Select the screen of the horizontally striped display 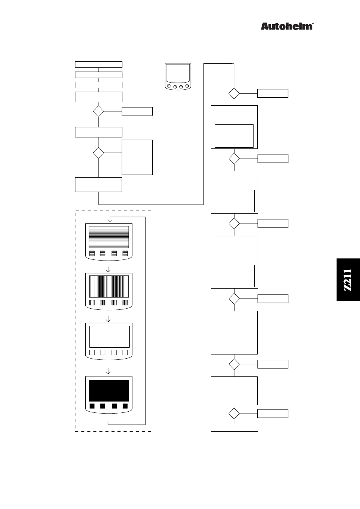pos(109,236)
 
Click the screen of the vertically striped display pos(109,286)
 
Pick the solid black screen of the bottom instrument pos(109,390)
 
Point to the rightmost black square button pos(125,406)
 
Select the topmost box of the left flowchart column pos(99,64)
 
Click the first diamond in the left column pos(99,111)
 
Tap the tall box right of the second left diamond pos(137,157)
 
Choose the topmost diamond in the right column pos(234,93)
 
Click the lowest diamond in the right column pos(234,414)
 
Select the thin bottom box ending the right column pos(234,428)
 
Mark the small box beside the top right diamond pos(273,93)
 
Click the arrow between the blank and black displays pos(109,371)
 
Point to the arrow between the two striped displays pos(109,270)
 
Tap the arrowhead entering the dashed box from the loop pos(110,219)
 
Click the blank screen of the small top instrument pos(178,73)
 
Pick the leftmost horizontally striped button pos(92,253)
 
